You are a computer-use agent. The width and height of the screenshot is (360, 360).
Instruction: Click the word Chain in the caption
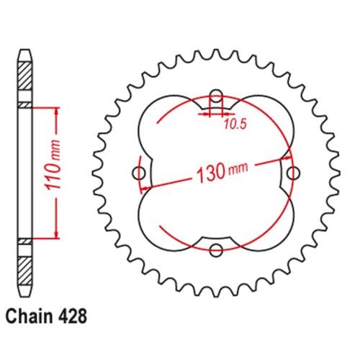32,316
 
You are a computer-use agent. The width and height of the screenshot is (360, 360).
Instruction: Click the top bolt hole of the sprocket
216,98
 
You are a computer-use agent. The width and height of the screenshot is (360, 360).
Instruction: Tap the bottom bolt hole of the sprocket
216,250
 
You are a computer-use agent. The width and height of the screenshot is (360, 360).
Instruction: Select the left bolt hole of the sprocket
140,174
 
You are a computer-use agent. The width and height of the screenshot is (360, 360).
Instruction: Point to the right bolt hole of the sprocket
292,174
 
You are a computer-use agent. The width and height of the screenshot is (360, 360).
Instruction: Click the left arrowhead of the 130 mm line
146,188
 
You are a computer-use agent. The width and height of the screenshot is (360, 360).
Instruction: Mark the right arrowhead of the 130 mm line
287,158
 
